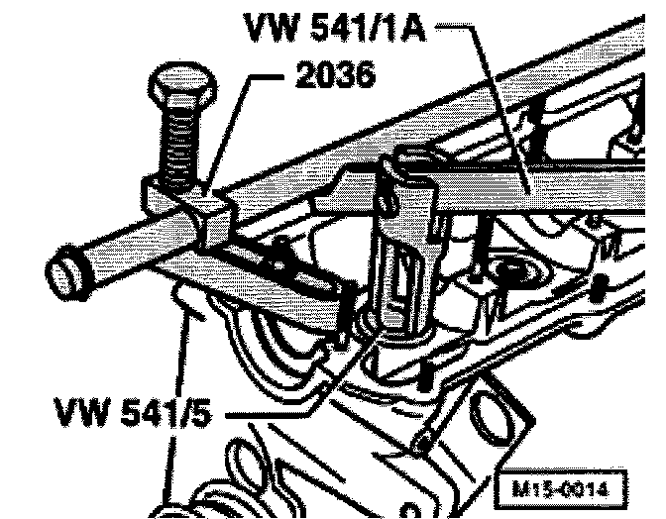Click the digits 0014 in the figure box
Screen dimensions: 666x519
click(589, 487)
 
